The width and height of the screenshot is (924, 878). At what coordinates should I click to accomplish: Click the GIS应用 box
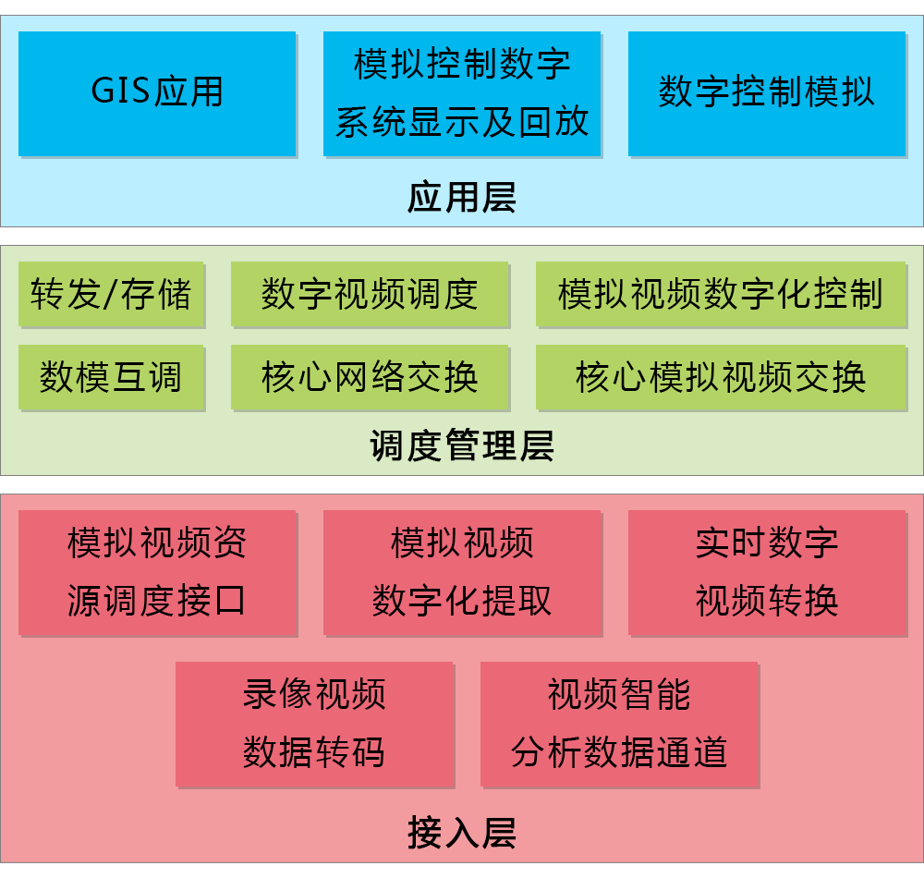[x=157, y=93]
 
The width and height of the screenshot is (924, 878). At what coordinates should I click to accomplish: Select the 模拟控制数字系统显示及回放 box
[x=462, y=93]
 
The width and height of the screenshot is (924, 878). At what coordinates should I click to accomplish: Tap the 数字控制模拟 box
[x=767, y=93]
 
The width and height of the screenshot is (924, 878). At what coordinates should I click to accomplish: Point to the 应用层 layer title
[x=462, y=198]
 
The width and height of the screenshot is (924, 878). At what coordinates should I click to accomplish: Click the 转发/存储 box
[x=111, y=295]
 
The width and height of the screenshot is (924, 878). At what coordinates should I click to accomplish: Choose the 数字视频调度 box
[x=370, y=295]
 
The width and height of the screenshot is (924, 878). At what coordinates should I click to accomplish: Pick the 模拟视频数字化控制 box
[x=721, y=295]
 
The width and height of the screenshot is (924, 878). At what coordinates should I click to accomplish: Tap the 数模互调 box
[x=111, y=377]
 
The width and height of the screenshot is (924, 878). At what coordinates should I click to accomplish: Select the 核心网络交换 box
[x=370, y=377]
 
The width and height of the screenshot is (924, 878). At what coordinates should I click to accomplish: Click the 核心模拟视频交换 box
[x=721, y=377]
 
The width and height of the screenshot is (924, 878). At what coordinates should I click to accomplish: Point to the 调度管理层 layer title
[x=462, y=446]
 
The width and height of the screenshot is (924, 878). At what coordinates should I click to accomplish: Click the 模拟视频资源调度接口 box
[x=157, y=573]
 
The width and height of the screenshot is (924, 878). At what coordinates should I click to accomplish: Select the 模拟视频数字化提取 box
[x=462, y=573]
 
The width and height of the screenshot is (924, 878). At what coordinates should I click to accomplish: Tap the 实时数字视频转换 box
[x=767, y=573]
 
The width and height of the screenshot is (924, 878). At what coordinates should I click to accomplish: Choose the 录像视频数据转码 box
[x=314, y=724]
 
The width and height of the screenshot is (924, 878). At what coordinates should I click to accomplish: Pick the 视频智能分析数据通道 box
[x=619, y=724]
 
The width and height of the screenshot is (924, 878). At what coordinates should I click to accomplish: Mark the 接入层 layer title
[x=462, y=833]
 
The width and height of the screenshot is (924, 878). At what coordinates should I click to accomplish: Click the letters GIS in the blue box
[x=121, y=92]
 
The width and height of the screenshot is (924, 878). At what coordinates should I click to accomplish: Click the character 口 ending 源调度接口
[x=229, y=602]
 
